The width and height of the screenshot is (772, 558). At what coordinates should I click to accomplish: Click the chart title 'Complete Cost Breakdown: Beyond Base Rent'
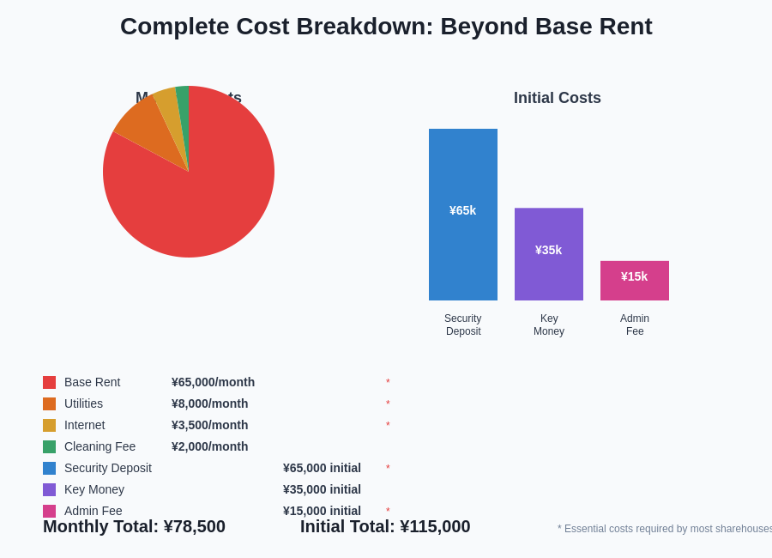pos(386,27)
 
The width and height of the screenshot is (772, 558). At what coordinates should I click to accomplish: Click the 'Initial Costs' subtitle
pos(558,98)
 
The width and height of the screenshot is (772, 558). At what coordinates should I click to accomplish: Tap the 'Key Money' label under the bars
pos(549,324)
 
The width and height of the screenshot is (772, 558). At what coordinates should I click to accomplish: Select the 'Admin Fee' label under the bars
pos(635,324)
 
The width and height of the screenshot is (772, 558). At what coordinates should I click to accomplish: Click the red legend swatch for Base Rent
pos(50,382)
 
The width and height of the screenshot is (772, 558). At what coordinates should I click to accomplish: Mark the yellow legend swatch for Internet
pos(50,425)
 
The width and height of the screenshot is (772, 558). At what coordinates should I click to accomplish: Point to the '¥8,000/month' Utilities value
pos(209,403)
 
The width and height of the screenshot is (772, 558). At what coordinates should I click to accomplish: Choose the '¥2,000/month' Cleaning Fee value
pos(209,446)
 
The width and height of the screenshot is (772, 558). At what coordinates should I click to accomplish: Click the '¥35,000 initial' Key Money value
pos(322,489)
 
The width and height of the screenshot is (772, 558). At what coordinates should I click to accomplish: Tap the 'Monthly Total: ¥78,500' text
pos(134,526)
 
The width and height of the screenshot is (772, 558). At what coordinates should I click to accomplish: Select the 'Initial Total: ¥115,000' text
pos(385,526)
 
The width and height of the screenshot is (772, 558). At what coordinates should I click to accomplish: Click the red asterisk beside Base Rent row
pos(388,383)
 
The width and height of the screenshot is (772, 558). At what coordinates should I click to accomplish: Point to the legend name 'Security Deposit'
pos(108,468)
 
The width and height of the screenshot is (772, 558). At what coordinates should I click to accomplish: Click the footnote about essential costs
pos(665,529)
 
